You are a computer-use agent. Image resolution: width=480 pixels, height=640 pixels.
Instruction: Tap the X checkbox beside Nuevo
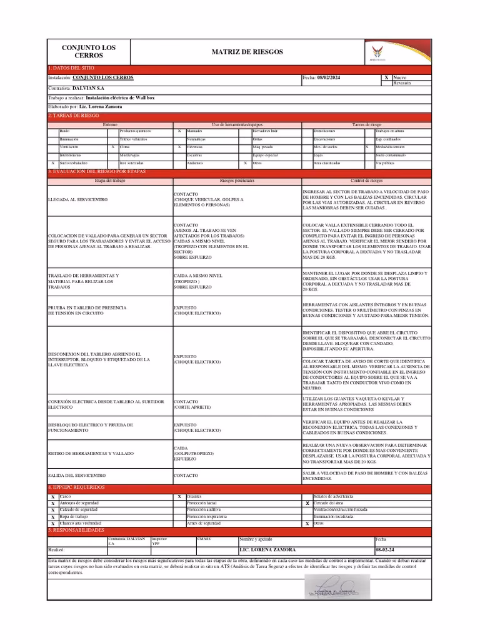click(386, 78)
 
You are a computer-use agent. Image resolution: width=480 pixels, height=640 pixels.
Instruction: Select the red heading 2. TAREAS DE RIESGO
click(74, 116)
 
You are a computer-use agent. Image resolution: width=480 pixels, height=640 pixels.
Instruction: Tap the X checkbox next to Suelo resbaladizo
click(53, 163)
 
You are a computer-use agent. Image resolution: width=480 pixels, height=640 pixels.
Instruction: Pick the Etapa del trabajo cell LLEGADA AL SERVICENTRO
click(77, 199)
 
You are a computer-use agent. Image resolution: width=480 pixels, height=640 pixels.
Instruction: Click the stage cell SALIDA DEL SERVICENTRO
click(77, 476)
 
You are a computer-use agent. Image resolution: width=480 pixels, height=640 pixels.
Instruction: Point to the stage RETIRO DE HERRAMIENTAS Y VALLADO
click(90, 453)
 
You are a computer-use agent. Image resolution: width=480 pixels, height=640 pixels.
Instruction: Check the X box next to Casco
click(53, 496)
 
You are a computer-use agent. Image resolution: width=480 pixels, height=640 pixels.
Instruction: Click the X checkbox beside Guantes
click(179, 496)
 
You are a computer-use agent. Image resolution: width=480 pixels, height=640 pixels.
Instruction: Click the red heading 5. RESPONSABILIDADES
click(76, 529)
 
